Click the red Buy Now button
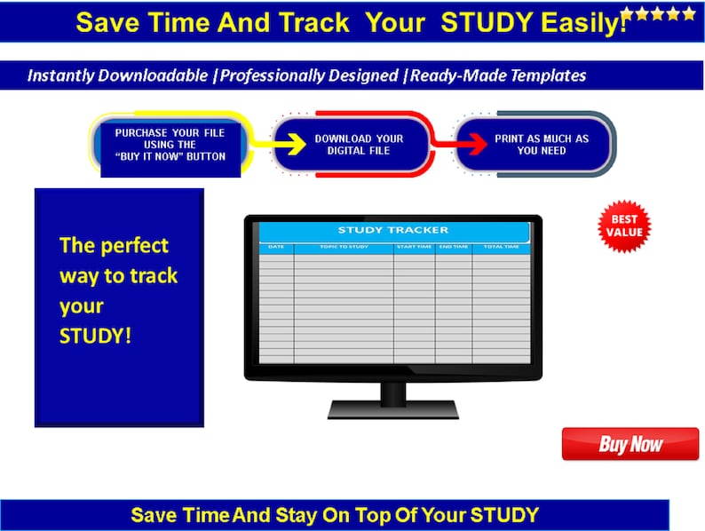coord(630,444)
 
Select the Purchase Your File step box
coord(170,145)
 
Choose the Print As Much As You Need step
coord(542,145)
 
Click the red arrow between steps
coord(444,143)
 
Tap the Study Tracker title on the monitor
coord(392,231)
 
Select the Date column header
coord(276,247)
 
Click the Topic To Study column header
coord(343,247)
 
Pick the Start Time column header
coord(414,247)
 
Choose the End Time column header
coord(453,247)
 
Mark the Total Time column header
coord(501,247)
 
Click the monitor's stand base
coord(392,409)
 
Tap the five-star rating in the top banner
coord(658,13)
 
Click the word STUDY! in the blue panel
coord(95,337)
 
